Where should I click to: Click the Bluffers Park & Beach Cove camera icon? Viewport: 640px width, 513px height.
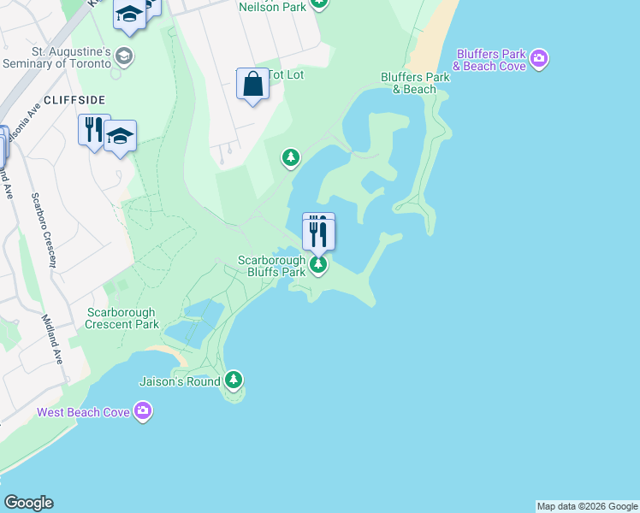(539, 59)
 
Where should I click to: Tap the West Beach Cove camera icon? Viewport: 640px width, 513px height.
(143, 412)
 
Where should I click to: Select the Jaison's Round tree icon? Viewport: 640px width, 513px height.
(234, 380)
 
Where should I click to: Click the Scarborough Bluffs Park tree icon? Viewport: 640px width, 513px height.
(318, 265)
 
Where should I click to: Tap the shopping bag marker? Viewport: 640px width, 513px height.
(252, 85)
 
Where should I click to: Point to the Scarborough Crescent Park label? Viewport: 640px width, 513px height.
(122, 318)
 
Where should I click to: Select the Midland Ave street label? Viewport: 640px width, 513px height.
(53, 339)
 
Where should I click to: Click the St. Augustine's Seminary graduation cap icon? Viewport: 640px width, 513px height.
(124, 57)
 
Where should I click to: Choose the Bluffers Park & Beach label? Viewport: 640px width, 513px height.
(415, 83)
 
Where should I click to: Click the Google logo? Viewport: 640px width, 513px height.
(28, 503)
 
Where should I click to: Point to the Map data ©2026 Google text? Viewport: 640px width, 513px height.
(587, 506)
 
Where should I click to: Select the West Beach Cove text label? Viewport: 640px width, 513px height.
(83, 412)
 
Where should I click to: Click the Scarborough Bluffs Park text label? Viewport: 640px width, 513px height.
(271, 266)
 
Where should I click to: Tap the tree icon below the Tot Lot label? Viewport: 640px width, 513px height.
(292, 157)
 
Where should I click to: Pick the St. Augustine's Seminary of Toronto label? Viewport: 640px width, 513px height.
(57, 57)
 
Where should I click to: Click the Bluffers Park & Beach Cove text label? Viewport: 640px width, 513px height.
(490, 60)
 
